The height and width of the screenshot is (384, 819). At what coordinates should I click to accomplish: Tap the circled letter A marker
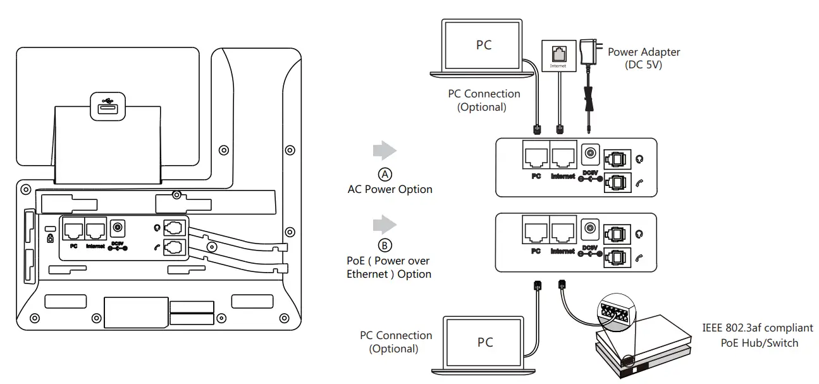coord(385,173)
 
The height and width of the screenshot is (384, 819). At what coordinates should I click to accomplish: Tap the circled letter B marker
coord(385,245)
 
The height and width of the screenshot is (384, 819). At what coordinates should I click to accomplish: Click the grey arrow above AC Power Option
coord(385,151)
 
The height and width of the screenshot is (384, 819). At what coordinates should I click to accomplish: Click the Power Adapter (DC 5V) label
coord(644,58)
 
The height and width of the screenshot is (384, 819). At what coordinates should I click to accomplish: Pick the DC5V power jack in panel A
coord(591,154)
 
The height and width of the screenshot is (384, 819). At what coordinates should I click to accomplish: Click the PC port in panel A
coord(536,156)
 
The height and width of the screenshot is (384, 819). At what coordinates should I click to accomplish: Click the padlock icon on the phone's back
coord(51,238)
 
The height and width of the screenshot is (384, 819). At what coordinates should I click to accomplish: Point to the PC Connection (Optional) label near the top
coord(484,100)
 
